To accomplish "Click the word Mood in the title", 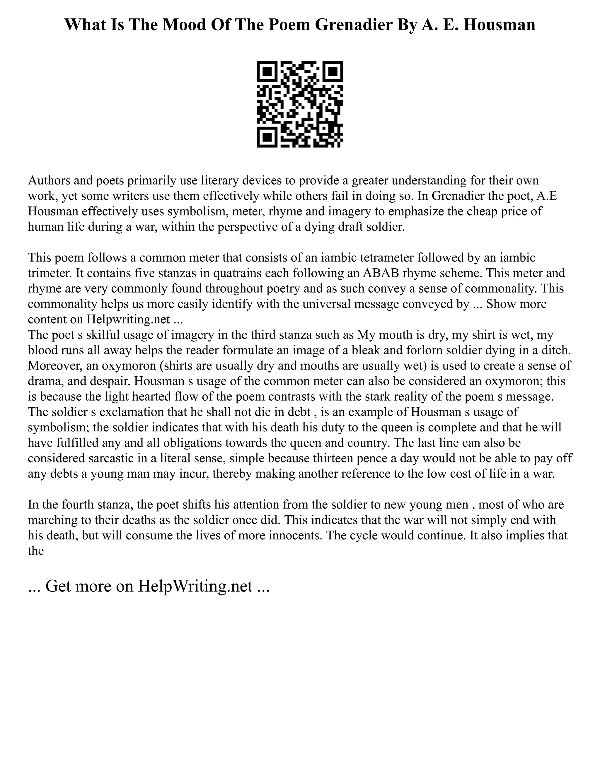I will coord(187,25).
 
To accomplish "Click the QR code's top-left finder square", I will coord(267,72).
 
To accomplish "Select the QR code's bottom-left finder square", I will coord(267,137).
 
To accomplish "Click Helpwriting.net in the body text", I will coord(128,319).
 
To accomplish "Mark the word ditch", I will coord(557,350).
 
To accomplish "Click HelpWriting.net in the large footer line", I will coord(195,586).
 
